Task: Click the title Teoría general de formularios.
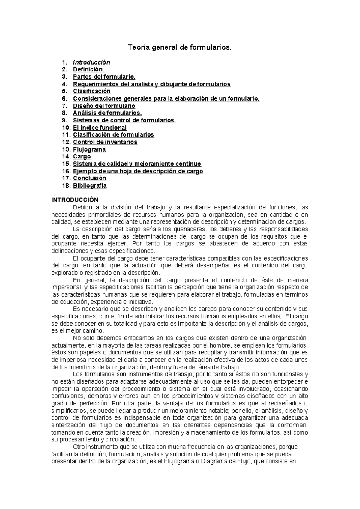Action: [180, 47]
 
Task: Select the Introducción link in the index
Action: [91, 62]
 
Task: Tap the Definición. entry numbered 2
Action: [88, 70]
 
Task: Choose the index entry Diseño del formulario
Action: [104, 106]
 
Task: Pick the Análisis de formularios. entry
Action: [107, 113]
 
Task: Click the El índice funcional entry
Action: [100, 128]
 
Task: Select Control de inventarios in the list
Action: [105, 142]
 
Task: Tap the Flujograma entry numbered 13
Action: [89, 149]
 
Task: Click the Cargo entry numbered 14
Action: [82, 157]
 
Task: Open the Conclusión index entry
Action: [89, 178]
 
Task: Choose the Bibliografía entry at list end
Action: [90, 185]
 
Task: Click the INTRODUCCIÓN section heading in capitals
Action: [75, 200]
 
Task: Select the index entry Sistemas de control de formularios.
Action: [124, 120]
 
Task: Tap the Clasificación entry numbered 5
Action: [91, 91]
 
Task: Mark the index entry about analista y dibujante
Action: [152, 84]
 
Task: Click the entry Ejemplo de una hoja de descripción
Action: [138, 171]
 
